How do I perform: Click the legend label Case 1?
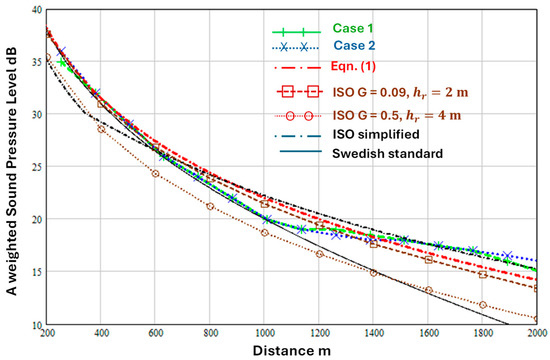(353, 28)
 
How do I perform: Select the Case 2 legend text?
(354, 45)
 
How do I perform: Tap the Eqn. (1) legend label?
(353, 66)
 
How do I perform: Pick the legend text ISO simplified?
(376, 134)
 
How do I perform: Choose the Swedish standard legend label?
(388, 153)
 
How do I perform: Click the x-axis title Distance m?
(292, 351)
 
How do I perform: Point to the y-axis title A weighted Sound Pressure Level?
(12, 172)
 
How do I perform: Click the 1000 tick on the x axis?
(265, 333)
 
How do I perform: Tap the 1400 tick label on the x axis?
(374, 333)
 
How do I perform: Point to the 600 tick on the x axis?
(155, 333)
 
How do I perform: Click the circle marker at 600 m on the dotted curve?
(155, 174)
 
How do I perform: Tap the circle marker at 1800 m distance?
(483, 305)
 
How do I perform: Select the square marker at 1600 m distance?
(428, 260)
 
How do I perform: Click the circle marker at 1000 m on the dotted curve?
(265, 233)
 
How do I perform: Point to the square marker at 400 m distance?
(101, 104)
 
